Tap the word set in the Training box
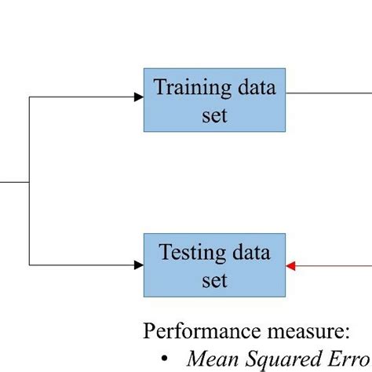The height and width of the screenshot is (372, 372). (x=213, y=115)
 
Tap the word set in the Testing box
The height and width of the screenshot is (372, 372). (x=213, y=280)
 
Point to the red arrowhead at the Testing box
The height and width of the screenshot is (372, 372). (x=291, y=265)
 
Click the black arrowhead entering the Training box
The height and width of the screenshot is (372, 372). (x=138, y=97)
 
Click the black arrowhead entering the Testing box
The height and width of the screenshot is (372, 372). (x=138, y=265)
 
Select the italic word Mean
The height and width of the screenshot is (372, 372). (x=210, y=357)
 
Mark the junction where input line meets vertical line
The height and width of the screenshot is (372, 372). (x=29, y=182)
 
